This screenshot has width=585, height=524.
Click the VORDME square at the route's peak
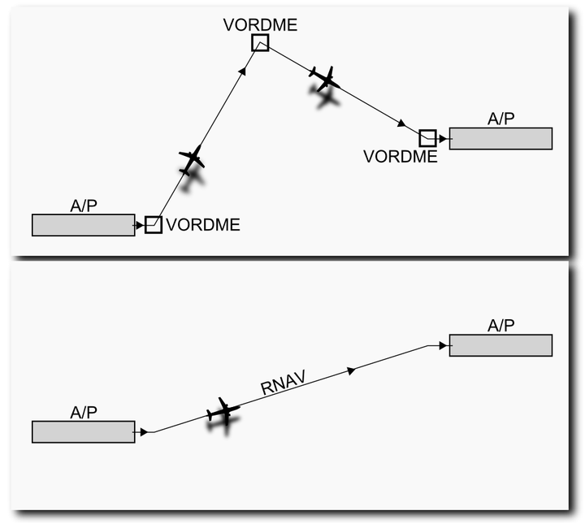pyautogui.click(x=260, y=35)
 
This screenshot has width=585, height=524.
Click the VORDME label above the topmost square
pyautogui.click(x=261, y=24)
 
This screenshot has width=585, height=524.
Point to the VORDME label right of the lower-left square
pyautogui.click(x=203, y=224)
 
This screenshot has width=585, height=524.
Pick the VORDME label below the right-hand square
pyautogui.click(x=401, y=157)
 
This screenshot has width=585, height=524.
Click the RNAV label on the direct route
pyautogui.click(x=284, y=383)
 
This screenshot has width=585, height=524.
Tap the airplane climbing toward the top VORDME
pyautogui.click(x=192, y=160)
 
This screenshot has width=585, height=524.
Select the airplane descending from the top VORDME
pyautogui.click(x=324, y=79)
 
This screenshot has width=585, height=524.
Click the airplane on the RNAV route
pyautogui.click(x=223, y=411)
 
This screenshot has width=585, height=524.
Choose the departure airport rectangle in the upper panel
pyautogui.click(x=84, y=225)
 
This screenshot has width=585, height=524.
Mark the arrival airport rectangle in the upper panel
pyautogui.click(x=500, y=139)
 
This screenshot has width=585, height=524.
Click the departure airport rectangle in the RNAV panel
pyautogui.click(x=84, y=432)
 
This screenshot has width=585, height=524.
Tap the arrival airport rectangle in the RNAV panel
pyautogui.click(x=500, y=345)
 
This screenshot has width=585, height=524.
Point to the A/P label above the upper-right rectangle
pyautogui.click(x=500, y=119)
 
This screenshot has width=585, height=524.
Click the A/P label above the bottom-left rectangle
pyautogui.click(x=84, y=413)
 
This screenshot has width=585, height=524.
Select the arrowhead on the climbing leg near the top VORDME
pyautogui.click(x=243, y=71)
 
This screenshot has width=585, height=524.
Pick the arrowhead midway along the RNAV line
pyautogui.click(x=351, y=370)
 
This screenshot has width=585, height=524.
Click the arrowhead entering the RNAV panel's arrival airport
pyautogui.click(x=443, y=346)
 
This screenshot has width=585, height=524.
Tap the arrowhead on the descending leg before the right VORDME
pyautogui.click(x=401, y=123)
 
